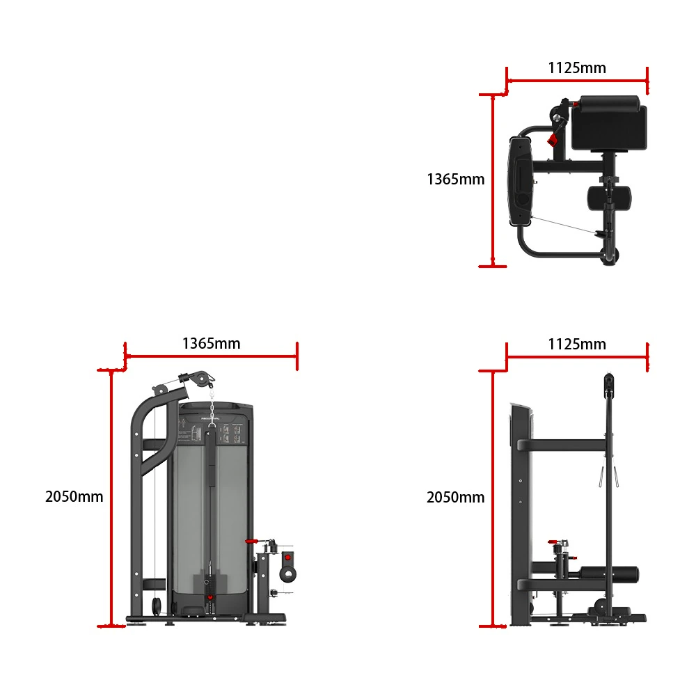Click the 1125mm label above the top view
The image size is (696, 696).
click(x=576, y=68)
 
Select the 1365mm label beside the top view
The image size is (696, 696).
click(x=455, y=180)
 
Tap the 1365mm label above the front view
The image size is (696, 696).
click(x=212, y=344)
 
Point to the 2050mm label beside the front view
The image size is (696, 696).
click(x=74, y=496)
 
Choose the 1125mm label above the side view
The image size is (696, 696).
click(x=576, y=344)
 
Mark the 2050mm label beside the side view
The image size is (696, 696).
click(x=455, y=497)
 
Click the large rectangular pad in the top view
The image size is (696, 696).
click(x=609, y=123)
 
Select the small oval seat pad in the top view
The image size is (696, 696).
click(x=609, y=198)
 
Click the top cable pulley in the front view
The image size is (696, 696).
click(x=201, y=379)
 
